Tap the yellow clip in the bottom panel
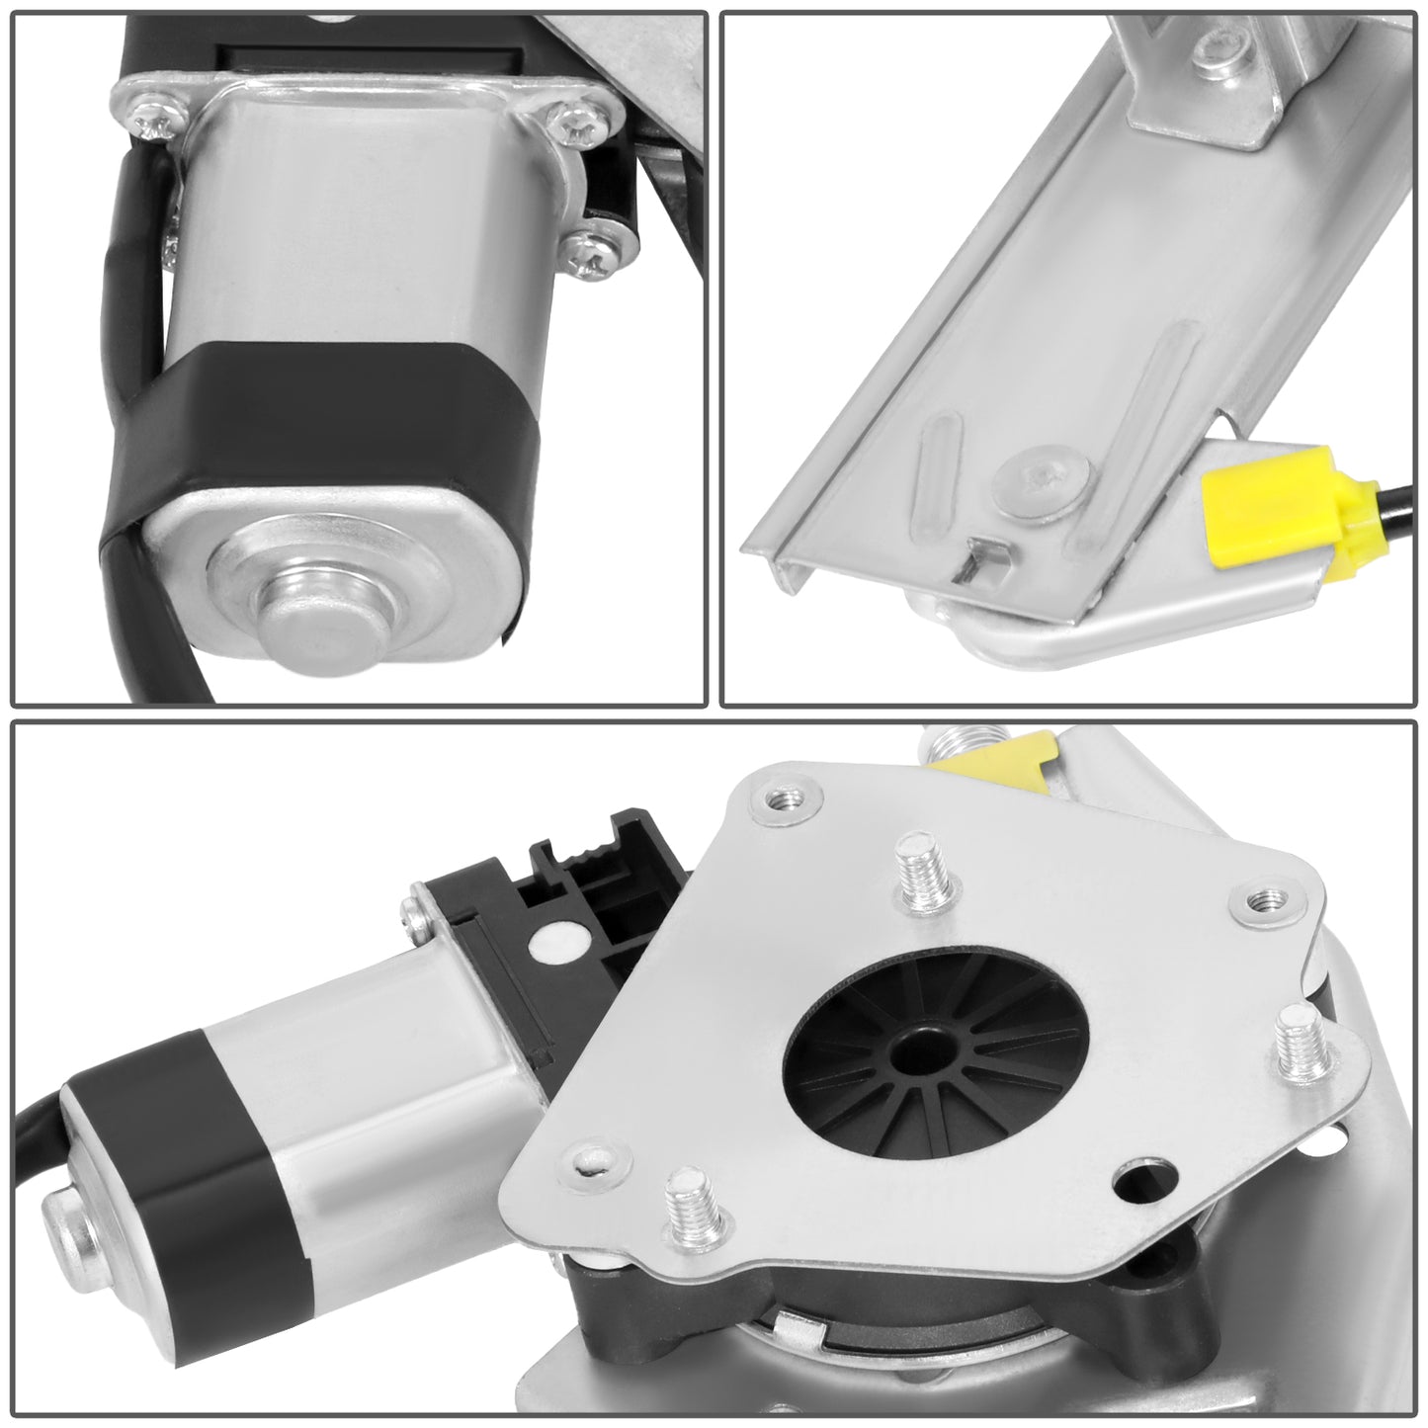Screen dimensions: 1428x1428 point(988,754)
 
